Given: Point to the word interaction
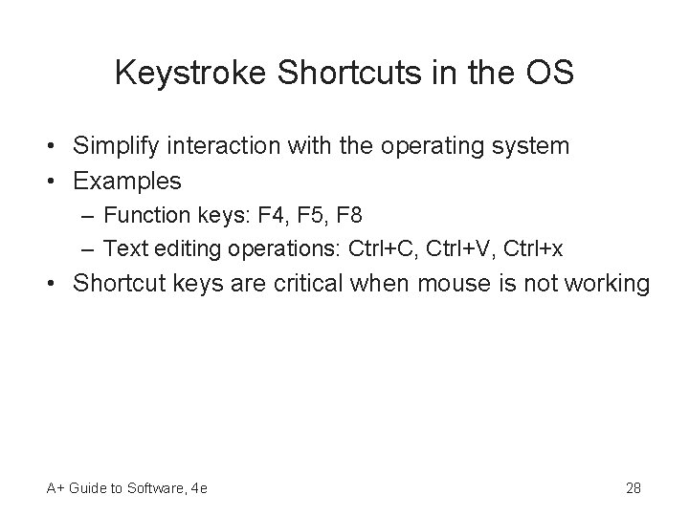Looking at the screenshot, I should [214, 146].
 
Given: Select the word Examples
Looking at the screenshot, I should [127, 180].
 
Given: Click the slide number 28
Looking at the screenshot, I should [633, 488].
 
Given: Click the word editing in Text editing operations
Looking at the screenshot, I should [174, 249].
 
